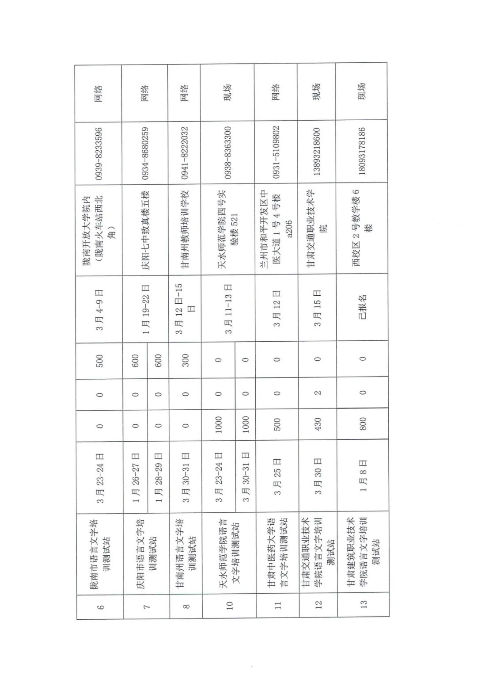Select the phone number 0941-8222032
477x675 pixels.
coord(185,153)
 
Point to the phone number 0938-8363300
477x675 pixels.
coord(228,153)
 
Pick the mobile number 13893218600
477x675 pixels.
coord(317,152)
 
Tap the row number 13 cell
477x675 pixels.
coord(363,604)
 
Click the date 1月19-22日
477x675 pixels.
coord(146,309)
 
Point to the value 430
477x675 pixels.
coord(318,424)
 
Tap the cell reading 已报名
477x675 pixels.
coord(362,307)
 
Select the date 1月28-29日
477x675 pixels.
coord(159,477)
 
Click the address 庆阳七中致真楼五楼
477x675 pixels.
coord(146,230)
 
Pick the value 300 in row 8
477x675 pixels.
coord(185,360)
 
